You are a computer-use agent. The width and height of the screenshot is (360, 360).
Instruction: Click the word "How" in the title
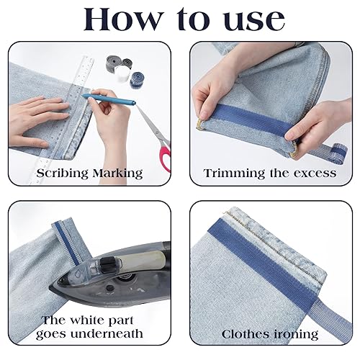[x=122, y=19]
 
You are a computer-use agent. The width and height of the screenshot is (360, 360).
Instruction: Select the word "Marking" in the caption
[x=117, y=173]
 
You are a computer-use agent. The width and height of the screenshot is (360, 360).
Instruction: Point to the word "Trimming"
[x=235, y=174]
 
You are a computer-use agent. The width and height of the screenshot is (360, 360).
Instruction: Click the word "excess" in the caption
[x=315, y=174]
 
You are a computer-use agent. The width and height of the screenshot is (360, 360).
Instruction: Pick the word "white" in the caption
[x=84, y=320]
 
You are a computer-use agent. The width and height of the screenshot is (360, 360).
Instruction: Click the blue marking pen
[x=109, y=99]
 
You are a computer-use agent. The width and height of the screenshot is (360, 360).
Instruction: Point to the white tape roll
[x=122, y=74]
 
